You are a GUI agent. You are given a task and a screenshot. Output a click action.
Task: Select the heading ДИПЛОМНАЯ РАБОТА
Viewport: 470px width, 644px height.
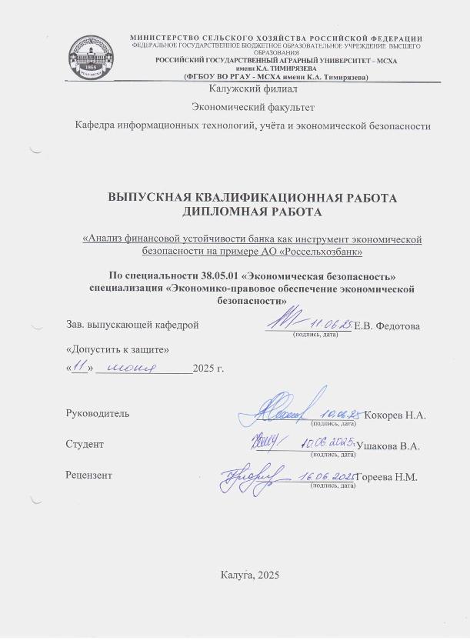tap(252, 211)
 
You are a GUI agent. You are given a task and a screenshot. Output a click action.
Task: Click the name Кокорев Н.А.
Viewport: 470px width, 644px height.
tap(395, 415)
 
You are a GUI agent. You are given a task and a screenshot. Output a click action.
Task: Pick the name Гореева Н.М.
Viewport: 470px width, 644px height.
tap(386, 477)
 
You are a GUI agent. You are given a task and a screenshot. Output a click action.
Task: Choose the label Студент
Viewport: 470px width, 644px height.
tap(85, 444)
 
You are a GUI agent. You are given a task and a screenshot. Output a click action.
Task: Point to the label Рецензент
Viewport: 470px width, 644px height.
tap(89, 475)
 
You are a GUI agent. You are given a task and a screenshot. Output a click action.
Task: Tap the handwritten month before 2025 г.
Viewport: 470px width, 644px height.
tap(135, 368)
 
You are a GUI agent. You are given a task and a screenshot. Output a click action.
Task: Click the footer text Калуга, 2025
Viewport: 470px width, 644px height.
tap(250, 575)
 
